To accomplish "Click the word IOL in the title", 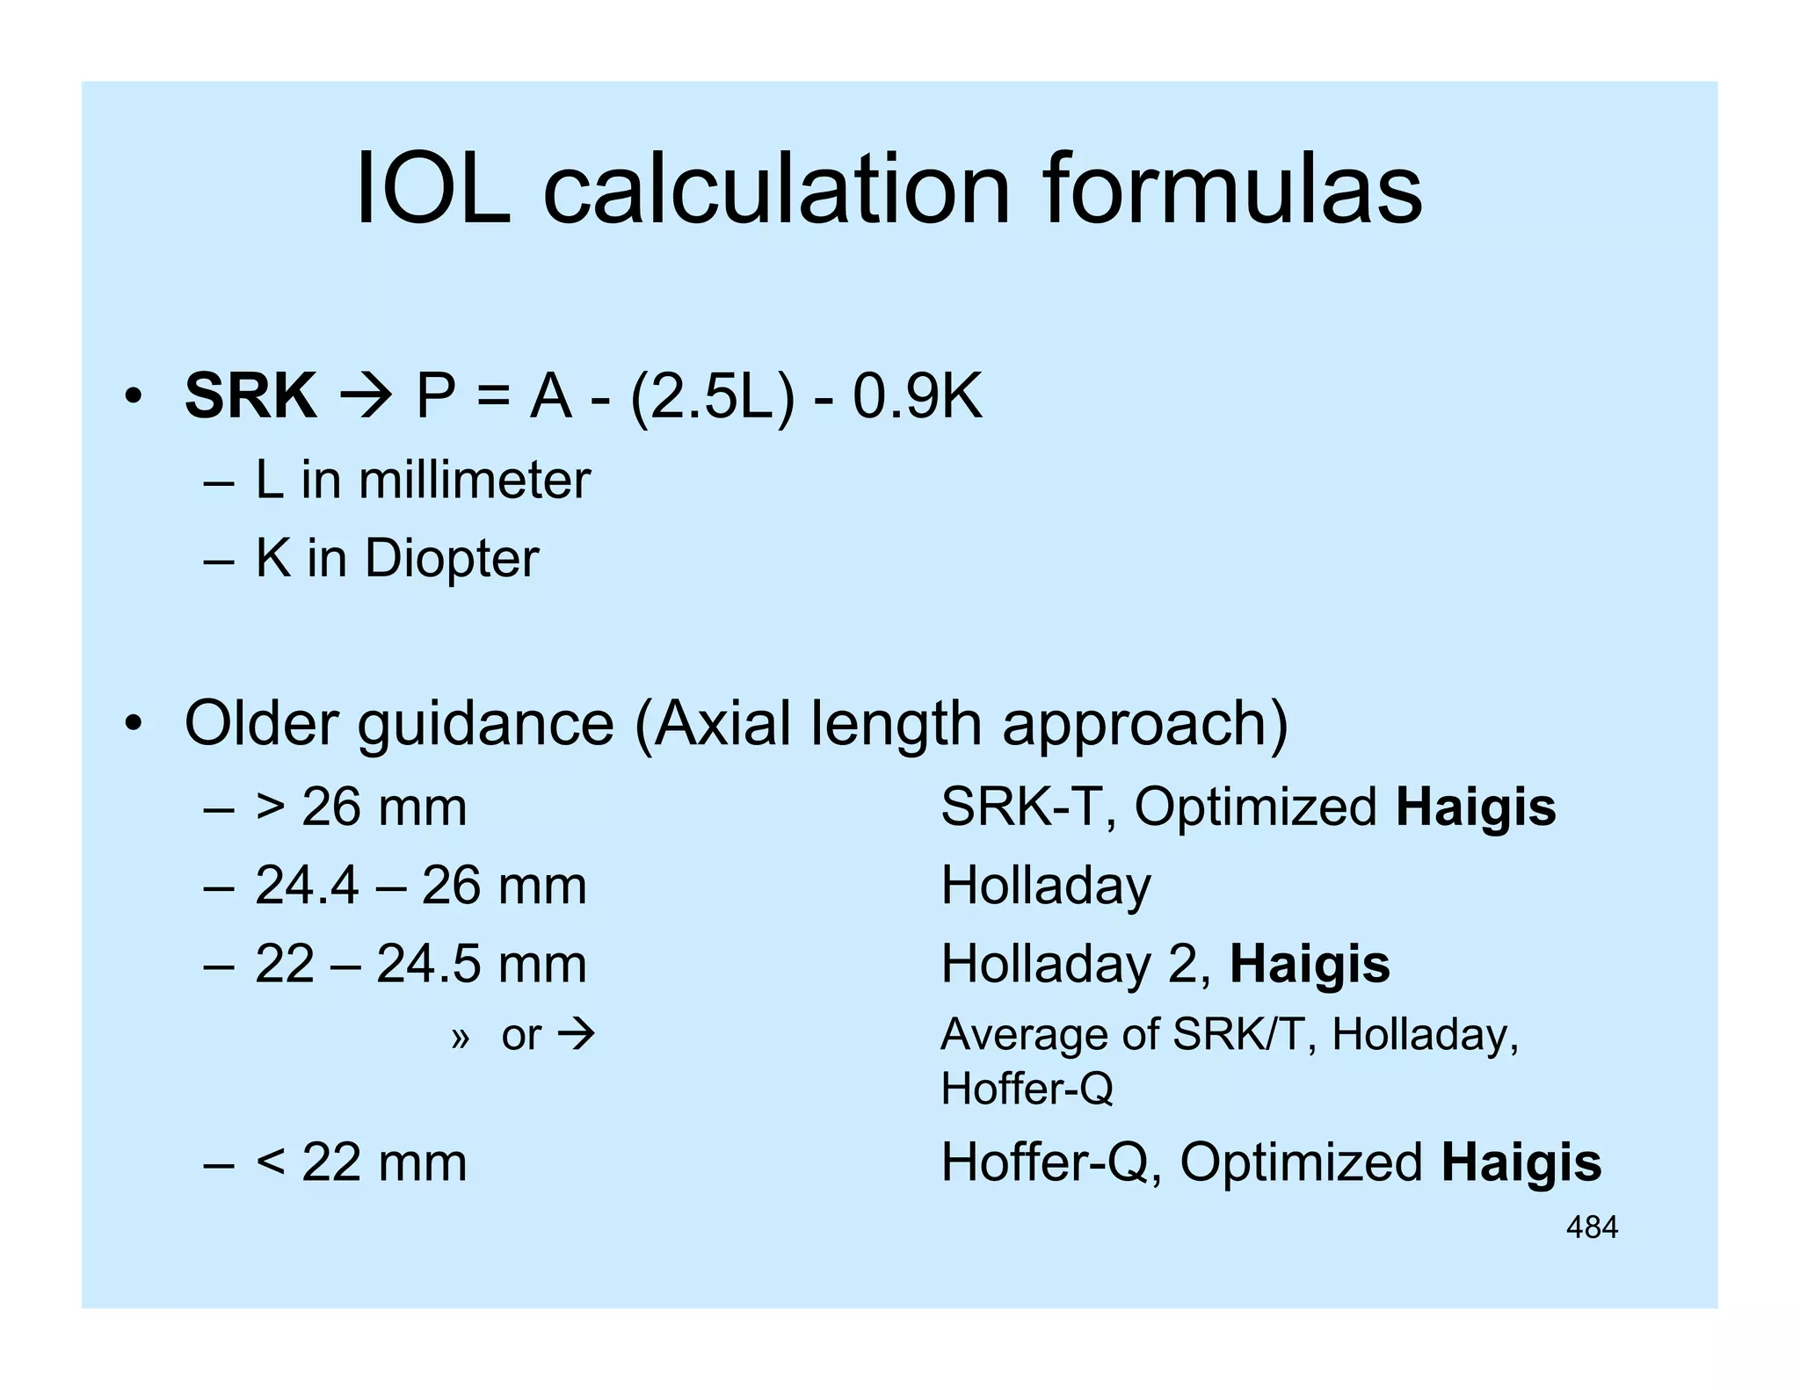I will click(432, 190).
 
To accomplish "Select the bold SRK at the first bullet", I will click(250, 396).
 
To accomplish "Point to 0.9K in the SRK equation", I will click(917, 396).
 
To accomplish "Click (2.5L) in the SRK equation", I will click(712, 398).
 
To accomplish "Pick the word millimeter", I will click(474, 481).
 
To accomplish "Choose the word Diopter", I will click(451, 559).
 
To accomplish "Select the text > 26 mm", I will click(361, 807).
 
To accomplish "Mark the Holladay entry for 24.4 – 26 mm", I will click(1045, 886).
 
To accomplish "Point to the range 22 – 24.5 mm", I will click(421, 964).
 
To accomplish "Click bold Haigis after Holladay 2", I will click(1310, 964).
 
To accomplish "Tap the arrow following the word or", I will click(577, 1035).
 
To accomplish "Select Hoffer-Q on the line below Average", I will click(1027, 1090).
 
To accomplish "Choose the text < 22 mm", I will click(361, 1163).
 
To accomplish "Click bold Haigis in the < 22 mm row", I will click(1521, 1163).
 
